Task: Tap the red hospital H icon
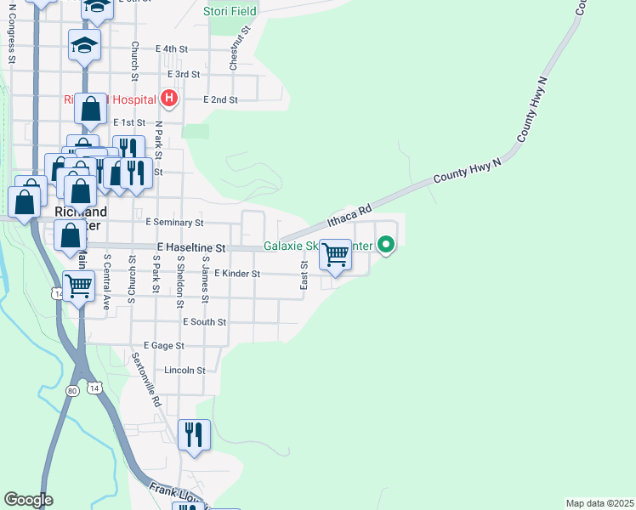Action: click(168, 99)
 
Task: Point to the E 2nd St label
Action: click(220, 99)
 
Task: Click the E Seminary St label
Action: click(174, 222)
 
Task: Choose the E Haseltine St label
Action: click(190, 247)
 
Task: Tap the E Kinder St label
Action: click(236, 274)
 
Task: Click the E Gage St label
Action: click(163, 346)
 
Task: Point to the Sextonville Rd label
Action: click(145, 382)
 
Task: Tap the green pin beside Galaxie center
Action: click(386, 246)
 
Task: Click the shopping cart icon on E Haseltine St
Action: click(336, 254)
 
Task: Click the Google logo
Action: click(27, 500)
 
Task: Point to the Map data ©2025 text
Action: click(599, 503)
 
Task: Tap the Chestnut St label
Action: click(241, 47)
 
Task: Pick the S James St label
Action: click(205, 281)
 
